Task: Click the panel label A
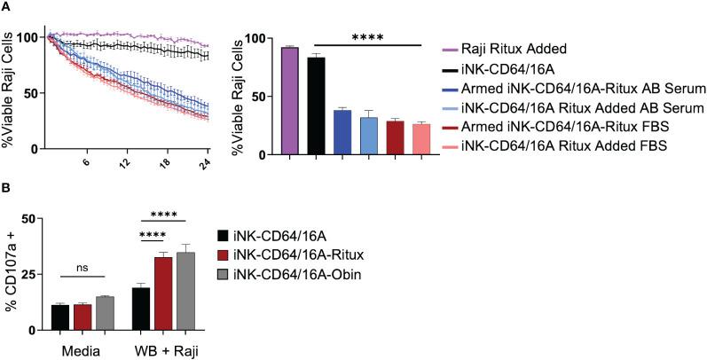[x=8, y=8]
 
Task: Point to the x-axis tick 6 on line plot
[x=85, y=165]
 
